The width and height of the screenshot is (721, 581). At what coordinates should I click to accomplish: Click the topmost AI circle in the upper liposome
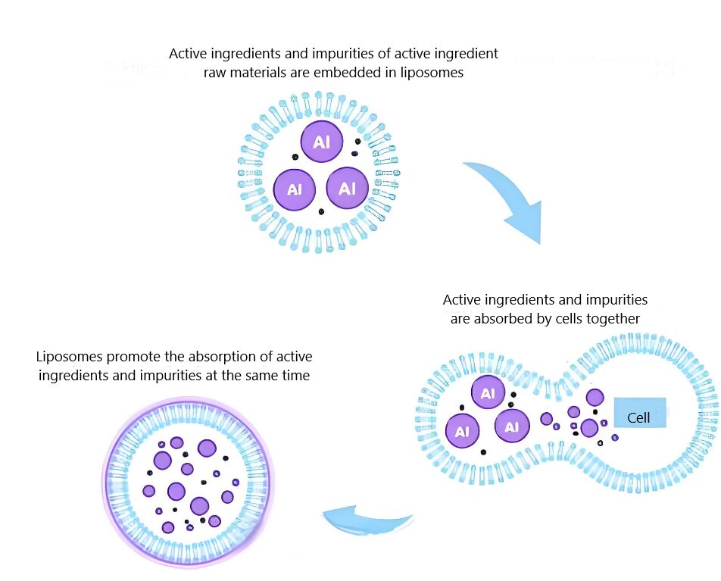point(321,142)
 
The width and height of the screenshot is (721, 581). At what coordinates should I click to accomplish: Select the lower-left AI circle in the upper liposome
point(294,189)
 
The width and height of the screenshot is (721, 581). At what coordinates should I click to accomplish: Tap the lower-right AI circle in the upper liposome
point(348,187)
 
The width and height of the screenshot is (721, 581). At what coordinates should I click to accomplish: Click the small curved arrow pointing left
point(369,522)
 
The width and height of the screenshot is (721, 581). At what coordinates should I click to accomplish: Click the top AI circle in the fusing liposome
point(488,393)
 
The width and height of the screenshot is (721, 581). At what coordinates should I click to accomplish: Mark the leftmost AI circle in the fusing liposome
point(462,431)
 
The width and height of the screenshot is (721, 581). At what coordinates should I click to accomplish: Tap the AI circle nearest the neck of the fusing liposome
point(512,426)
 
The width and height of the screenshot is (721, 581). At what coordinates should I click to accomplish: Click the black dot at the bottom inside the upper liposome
point(321,211)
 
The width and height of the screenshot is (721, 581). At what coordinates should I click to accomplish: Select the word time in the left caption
point(295,376)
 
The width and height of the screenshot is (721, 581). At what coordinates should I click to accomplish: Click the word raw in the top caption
point(217,73)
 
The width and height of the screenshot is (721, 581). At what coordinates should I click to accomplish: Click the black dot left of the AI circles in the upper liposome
point(294,157)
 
